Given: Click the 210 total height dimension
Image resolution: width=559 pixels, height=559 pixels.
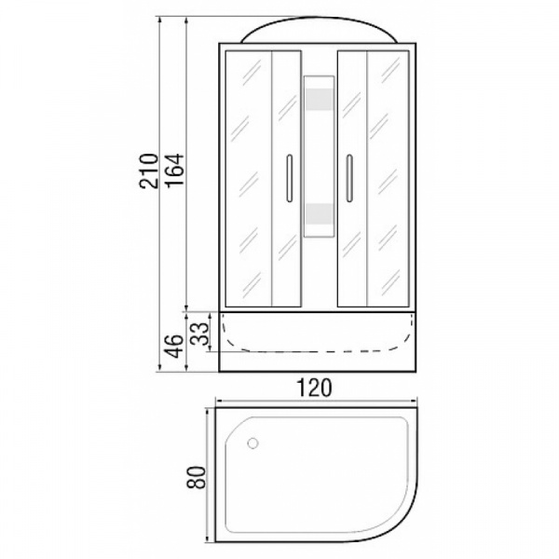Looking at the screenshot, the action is pos(149,170).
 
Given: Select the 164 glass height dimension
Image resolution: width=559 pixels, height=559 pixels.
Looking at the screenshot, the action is pos(175,170).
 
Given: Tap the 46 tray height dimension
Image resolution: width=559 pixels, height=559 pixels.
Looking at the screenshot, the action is pos(174,347).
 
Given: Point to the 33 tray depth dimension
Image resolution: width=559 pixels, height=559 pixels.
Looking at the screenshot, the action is pos(199,334).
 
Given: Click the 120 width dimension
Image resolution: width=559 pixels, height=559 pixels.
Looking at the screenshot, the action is pos(315,388).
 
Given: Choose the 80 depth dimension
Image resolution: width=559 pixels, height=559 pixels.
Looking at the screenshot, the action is pos(197,477).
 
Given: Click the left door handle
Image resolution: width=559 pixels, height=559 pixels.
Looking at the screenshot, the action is pos(290,178).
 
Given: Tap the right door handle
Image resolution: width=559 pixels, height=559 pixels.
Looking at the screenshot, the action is pos(349,178).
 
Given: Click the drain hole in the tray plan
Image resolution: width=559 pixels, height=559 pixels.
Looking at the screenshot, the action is pos(252,443).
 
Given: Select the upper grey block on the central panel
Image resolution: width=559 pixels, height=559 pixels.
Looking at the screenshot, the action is pos(319,99).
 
